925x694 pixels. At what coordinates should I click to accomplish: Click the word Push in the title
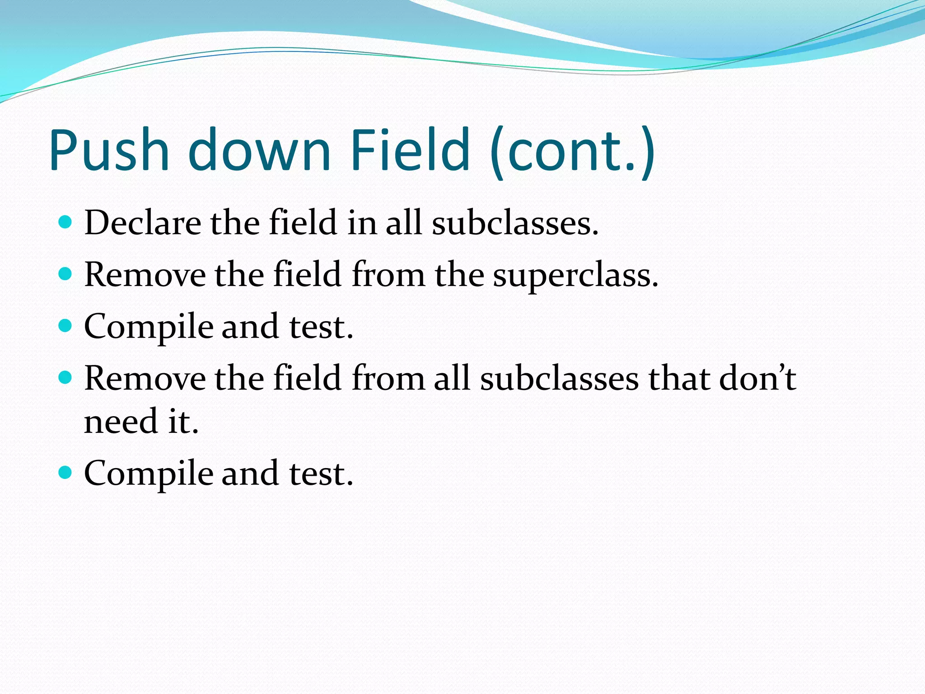point(109,150)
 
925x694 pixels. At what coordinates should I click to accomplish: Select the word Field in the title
point(411,150)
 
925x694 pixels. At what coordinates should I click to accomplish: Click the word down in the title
point(259,150)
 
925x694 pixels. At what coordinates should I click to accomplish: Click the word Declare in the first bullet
point(142,223)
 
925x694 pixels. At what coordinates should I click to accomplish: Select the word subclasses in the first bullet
point(514,223)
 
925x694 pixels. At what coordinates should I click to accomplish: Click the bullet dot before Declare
point(65,222)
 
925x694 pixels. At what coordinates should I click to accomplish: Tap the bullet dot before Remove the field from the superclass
point(65,274)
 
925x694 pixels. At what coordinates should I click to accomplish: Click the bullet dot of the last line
point(65,473)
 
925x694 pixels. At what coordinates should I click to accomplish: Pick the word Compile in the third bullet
point(149,327)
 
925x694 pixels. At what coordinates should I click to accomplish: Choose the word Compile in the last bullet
point(149,474)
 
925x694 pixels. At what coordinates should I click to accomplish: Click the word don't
point(757,378)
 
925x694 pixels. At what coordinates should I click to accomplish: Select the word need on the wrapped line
point(121,422)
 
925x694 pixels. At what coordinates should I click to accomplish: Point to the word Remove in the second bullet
point(145,275)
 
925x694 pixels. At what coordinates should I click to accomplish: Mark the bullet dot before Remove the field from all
point(65,377)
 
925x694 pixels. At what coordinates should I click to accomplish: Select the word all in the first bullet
point(403,223)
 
